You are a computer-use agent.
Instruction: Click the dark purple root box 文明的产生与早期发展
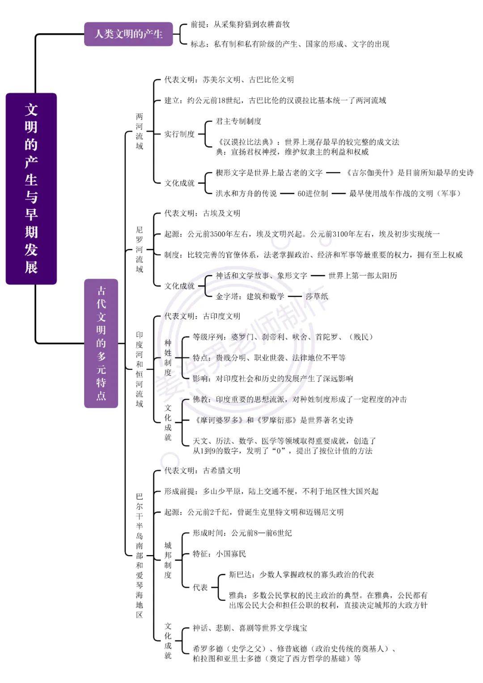(31, 188)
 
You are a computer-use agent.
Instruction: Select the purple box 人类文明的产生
(128, 34)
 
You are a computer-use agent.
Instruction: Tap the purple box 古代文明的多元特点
(101, 343)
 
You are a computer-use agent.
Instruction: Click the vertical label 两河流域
(140, 131)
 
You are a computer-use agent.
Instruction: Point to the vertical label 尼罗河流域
(140, 250)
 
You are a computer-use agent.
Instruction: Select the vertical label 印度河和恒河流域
(140, 369)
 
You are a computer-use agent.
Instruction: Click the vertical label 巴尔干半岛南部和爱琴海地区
(140, 555)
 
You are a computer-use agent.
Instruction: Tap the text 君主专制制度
(238, 121)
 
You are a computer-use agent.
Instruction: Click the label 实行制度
(179, 134)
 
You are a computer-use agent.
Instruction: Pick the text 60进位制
(313, 193)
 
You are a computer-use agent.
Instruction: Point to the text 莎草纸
(317, 296)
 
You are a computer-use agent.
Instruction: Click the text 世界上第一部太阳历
(363, 276)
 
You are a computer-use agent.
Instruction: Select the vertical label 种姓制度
(168, 357)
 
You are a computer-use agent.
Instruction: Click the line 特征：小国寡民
(219, 553)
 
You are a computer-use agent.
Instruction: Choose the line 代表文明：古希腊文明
(202, 470)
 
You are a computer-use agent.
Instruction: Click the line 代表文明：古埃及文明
(202, 213)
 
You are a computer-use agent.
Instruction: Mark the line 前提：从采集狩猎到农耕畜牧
(240, 24)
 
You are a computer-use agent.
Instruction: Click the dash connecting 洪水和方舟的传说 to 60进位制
(287, 193)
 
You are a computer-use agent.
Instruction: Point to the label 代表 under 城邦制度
(200, 587)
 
